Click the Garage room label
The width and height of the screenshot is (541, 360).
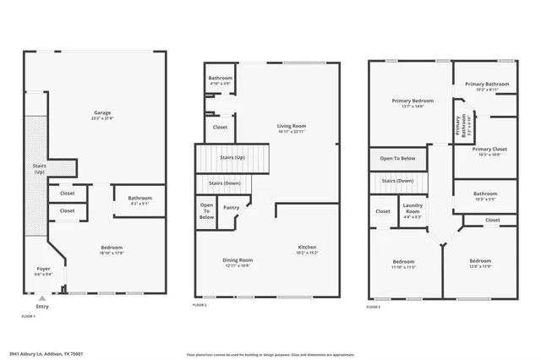tap(102, 112)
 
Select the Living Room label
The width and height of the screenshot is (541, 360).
tap(292, 125)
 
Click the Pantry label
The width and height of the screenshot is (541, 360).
tap(231, 207)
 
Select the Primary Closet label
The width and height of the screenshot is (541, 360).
tap(484, 149)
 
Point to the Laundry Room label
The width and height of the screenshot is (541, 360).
tap(413, 205)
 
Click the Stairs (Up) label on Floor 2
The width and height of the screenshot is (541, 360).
tap(232, 158)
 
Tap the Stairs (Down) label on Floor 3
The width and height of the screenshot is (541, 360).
tap(397, 181)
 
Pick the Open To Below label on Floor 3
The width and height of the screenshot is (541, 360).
tap(397, 158)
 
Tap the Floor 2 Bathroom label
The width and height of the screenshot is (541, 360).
tap(220, 78)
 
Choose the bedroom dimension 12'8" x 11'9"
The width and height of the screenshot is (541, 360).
tap(480, 265)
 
